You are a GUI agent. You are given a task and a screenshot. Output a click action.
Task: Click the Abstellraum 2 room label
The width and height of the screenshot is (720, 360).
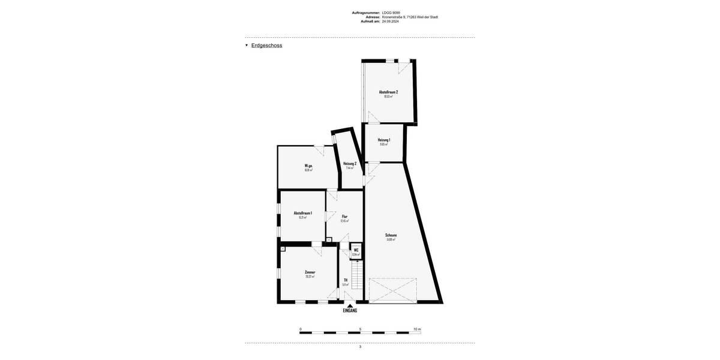[388, 92]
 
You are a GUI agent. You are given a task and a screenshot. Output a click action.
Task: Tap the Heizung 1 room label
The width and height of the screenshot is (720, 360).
[384, 140]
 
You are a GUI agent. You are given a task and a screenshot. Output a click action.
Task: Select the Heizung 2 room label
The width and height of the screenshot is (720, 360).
[350, 163]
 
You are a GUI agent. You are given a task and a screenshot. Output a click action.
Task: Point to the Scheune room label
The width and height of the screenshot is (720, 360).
[391, 235]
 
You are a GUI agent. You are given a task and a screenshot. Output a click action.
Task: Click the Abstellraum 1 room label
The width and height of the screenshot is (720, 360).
[302, 213]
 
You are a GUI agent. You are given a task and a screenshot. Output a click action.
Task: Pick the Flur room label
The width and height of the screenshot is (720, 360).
[344, 217]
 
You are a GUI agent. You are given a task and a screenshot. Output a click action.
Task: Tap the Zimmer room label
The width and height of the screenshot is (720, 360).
[310, 272]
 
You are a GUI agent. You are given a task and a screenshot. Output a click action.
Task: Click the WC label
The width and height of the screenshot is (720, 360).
[356, 250]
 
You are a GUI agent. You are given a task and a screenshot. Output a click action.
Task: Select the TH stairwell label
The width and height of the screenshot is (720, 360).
[345, 280]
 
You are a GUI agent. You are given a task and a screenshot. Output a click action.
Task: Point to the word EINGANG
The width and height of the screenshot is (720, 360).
[350, 310]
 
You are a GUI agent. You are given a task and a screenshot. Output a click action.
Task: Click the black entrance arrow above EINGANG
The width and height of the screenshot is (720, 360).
[350, 305]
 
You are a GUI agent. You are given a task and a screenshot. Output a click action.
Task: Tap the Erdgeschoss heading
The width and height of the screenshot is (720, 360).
[266, 46]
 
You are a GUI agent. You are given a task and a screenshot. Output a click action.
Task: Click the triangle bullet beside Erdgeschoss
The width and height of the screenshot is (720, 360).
[247, 45]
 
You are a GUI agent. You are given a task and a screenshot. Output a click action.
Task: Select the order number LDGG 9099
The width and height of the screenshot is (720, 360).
[391, 13]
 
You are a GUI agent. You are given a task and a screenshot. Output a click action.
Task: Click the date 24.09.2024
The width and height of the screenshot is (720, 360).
[390, 21]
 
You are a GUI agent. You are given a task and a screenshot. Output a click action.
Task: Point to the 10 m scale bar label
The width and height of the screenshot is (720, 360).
[417, 329]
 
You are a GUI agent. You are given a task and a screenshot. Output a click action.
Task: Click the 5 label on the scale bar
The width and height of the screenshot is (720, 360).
[360, 329]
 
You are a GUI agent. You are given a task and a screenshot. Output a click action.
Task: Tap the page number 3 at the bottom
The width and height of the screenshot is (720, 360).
[360, 347]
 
